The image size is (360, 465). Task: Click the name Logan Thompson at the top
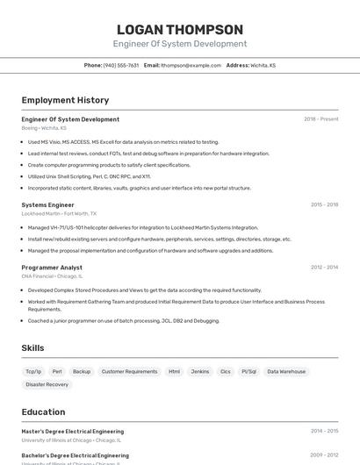[180, 29]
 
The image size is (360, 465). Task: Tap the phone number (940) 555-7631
[121, 65]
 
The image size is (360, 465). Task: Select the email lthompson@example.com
[190, 65]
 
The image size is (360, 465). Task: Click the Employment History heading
[65, 100]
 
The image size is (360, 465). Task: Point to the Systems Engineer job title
[47, 204]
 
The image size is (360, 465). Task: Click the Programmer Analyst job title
[52, 267]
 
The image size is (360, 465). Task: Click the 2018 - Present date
[321, 118]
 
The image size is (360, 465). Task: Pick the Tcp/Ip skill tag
[33, 371]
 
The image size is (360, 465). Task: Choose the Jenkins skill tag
[200, 371]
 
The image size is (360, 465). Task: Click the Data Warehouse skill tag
[286, 371]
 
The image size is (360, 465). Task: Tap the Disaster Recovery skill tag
[47, 384]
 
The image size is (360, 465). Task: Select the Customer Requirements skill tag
[129, 371]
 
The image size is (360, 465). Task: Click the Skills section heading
[32, 348]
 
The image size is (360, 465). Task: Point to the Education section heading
[43, 411]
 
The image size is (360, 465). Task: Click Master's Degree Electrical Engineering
[72, 431]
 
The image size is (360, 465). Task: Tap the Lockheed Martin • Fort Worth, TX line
[59, 213]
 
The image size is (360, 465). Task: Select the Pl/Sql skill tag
[249, 371]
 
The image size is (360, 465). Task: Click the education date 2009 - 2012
[324, 455]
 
